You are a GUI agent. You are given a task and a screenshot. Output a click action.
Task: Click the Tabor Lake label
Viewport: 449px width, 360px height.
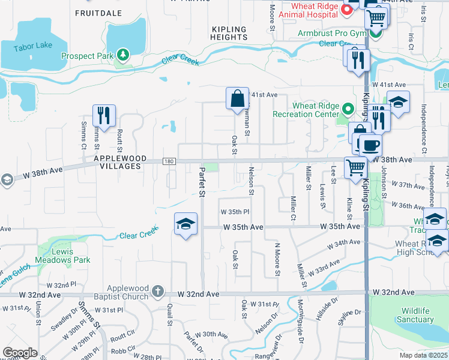click(34, 46)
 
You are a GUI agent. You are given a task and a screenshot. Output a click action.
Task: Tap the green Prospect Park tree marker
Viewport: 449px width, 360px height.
click(124, 55)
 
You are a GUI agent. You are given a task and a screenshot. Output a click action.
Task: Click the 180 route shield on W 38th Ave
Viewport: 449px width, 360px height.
click(169, 161)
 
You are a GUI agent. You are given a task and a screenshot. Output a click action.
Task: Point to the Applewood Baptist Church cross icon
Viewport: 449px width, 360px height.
click(157, 292)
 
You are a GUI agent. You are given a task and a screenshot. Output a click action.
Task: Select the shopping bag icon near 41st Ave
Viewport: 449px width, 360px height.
click(237, 98)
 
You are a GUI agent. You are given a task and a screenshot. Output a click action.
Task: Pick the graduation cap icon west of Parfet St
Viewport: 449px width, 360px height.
click(185, 224)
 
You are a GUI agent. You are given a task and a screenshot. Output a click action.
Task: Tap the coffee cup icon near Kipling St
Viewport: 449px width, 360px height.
click(370, 145)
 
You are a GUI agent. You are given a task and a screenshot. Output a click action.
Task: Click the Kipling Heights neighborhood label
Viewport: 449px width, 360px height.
click(229, 33)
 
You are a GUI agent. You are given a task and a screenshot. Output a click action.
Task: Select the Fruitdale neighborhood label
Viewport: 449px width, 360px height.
click(98, 13)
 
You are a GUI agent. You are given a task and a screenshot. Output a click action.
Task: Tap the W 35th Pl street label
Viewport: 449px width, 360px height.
click(234, 212)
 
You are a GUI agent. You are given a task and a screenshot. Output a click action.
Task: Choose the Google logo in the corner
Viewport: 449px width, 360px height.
click(20, 353)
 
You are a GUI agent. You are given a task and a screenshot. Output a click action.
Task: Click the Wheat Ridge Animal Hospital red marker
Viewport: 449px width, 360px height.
click(346, 10)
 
